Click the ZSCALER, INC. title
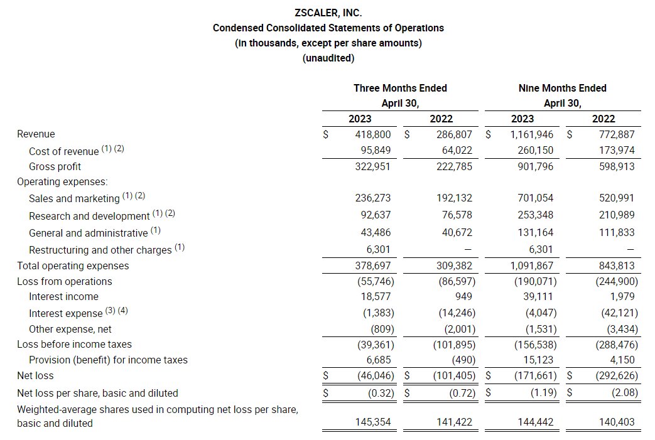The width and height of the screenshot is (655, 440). (x=328, y=13)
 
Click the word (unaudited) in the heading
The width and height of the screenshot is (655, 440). (x=328, y=58)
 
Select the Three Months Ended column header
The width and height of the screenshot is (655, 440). (x=400, y=89)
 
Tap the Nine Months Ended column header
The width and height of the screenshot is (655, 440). (x=562, y=89)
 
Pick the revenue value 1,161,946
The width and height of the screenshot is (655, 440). (x=530, y=134)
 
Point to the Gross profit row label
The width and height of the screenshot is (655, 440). (x=55, y=167)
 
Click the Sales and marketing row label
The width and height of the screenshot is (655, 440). (x=73, y=198)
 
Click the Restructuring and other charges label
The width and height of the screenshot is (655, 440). (x=100, y=250)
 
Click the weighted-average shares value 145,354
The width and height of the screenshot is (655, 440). (x=373, y=422)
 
